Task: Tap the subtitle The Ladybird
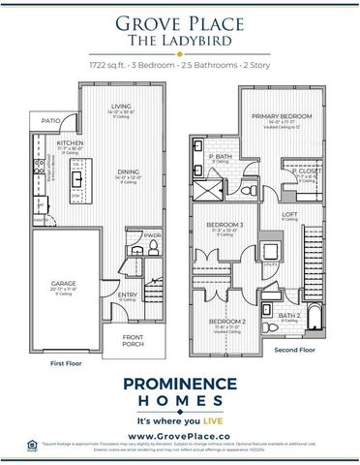pyautogui.click(x=179, y=40)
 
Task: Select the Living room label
pyautogui.click(x=121, y=106)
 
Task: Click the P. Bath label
pyautogui.click(x=218, y=156)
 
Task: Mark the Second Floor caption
pyautogui.click(x=295, y=349)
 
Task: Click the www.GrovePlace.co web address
pyautogui.click(x=179, y=437)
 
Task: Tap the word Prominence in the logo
pyautogui.click(x=179, y=384)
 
